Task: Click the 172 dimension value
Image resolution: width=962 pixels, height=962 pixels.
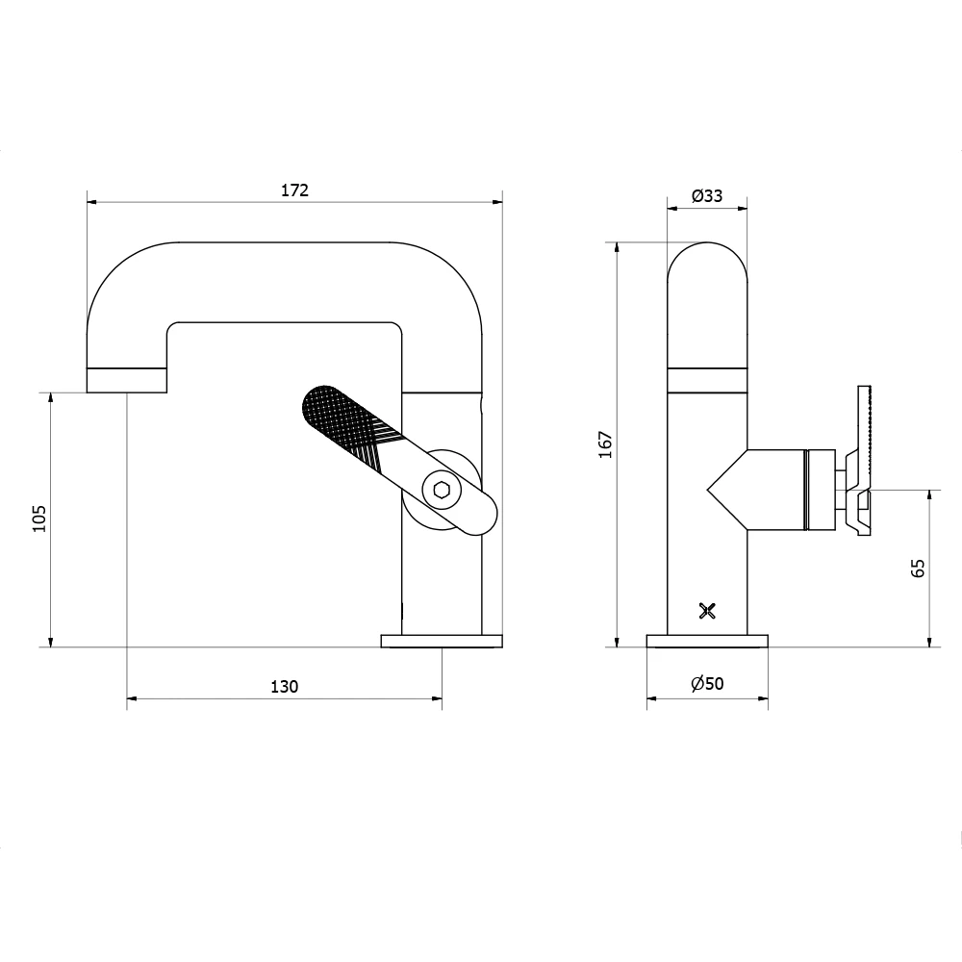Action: [294, 190]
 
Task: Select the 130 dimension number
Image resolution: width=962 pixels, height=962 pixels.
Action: [284, 686]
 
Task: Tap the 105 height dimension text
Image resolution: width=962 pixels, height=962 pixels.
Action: [39, 519]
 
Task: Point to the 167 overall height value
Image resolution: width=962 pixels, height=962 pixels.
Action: [605, 443]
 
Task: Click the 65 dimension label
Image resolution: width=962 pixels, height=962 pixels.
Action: [918, 568]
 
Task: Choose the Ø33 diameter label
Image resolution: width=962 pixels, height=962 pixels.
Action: [707, 195]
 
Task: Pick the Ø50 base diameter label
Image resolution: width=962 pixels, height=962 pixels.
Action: [707, 684]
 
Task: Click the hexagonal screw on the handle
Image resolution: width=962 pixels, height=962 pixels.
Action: [442, 490]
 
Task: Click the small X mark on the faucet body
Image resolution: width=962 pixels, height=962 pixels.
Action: [707, 610]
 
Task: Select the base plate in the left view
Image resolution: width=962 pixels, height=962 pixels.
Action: [443, 641]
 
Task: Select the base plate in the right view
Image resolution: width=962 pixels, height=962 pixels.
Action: [707, 641]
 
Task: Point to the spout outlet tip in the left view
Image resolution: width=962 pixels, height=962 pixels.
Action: [128, 381]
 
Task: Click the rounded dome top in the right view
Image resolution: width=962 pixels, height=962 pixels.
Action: [707, 260]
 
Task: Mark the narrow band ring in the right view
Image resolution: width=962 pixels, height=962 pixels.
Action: [707, 380]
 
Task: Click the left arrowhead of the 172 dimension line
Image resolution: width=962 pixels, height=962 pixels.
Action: [91, 202]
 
